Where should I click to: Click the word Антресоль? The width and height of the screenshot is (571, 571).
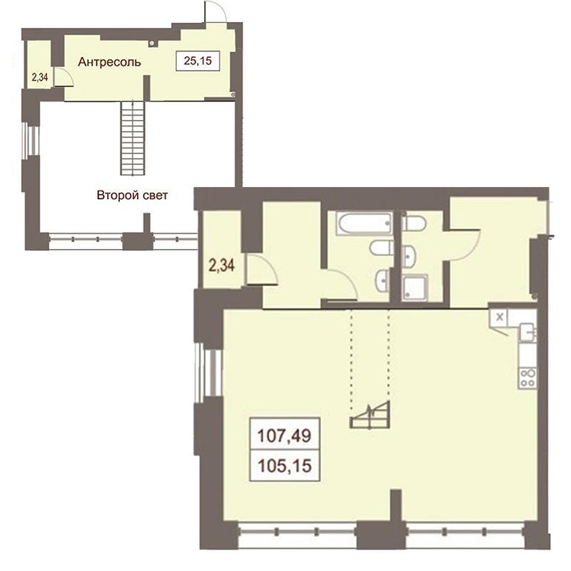pos(109,62)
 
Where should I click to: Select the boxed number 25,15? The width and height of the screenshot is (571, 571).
pos(198,61)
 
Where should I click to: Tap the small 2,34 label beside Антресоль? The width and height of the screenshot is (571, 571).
pos(40,77)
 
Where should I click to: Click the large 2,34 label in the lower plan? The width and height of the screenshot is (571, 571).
pos(221,265)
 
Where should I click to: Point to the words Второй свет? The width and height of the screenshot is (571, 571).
pos(132,195)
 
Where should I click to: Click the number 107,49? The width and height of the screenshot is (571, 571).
pos(284,435)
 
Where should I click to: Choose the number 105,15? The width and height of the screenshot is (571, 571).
pos(284,465)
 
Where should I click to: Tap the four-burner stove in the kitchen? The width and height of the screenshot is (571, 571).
pos(527,378)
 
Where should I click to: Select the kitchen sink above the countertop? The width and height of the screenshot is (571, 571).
pos(527,332)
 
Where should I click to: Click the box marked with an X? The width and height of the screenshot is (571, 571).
pos(500,317)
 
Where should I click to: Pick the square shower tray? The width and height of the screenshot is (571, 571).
pos(415,288)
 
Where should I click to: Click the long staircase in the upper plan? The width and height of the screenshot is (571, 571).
pos(133,138)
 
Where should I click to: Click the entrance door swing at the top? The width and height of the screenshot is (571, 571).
pos(216,11)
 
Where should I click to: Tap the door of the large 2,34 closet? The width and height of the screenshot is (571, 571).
pos(262,270)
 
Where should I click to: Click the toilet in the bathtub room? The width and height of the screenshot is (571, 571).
pos(382,248)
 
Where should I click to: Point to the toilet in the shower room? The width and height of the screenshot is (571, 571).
pos(413,223)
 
